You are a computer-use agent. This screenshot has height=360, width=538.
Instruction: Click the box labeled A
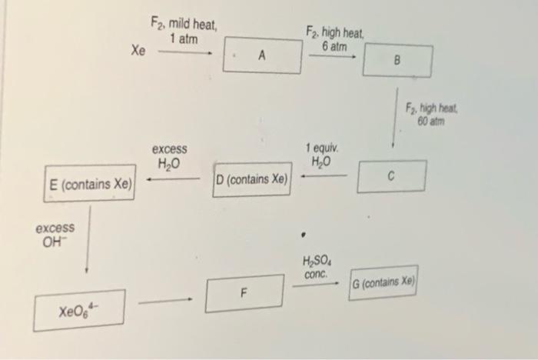pyautogui.click(x=262, y=55)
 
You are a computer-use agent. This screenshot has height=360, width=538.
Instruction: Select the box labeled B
pyautogui.click(x=397, y=60)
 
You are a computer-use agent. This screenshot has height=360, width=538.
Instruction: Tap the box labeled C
pyautogui.click(x=391, y=175)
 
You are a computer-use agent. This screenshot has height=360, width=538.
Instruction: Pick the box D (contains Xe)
pyautogui.click(x=252, y=179)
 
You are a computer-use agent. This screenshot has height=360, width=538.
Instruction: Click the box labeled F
pyautogui.click(x=244, y=293)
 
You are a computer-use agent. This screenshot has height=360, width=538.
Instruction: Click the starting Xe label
pyautogui.click(x=138, y=51)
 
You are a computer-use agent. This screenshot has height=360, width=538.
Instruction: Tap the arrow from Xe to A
pyautogui.click(x=185, y=54)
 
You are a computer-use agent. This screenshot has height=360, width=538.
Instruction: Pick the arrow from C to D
pyautogui.click(x=324, y=176)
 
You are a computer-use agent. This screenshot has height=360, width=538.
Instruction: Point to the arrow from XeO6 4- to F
pyautogui.click(x=164, y=302)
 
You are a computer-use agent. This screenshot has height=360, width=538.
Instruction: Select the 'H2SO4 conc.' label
pyautogui.click(x=317, y=267)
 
